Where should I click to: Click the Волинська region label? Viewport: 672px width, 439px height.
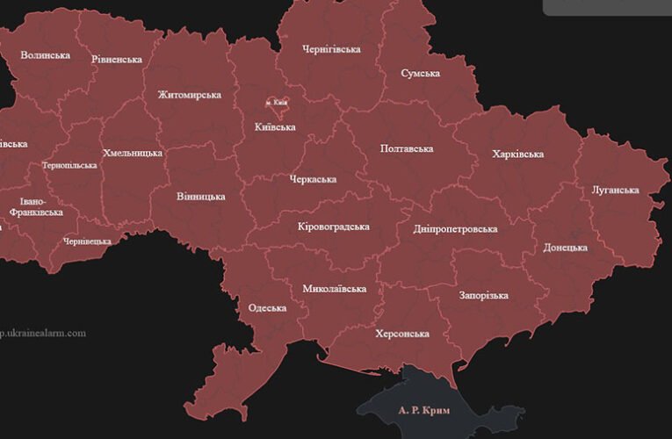pyautogui.click(x=45, y=55)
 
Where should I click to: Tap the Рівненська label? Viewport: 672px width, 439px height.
pyautogui.click(x=117, y=60)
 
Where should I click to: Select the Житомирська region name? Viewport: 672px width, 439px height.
pyautogui.click(x=189, y=95)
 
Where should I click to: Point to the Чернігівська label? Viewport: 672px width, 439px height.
pyautogui.click(x=331, y=49)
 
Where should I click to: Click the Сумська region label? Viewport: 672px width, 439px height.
pyautogui.click(x=420, y=73)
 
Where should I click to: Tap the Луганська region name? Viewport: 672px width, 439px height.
pyautogui.click(x=615, y=190)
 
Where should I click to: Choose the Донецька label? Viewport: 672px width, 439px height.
pyautogui.click(x=565, y=248)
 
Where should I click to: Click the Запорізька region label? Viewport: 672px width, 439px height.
pyautogui.click(x=483, y=295)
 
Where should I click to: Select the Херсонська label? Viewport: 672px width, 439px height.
pyautogui.click(x=401, y=334)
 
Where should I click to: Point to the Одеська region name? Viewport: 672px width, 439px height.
pyautogui.click(x=268, y=308)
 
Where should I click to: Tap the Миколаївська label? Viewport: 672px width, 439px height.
pyautogui.click(x=335, y=288)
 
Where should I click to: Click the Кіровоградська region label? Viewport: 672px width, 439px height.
pyautogui.click(x=334, y=227)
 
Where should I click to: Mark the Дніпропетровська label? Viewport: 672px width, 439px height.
pyautogui.click(x=455, y=229)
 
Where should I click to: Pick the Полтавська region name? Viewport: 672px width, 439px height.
pyautogui.click(x=407, y=149)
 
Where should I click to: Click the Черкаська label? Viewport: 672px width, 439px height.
pyautogui.click(x=313, y=179)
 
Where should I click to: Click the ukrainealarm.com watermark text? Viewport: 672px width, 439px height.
pyautogui.click(x=43, y=333)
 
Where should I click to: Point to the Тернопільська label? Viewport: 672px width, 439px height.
pyautogui.click(x=69, y=165)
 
